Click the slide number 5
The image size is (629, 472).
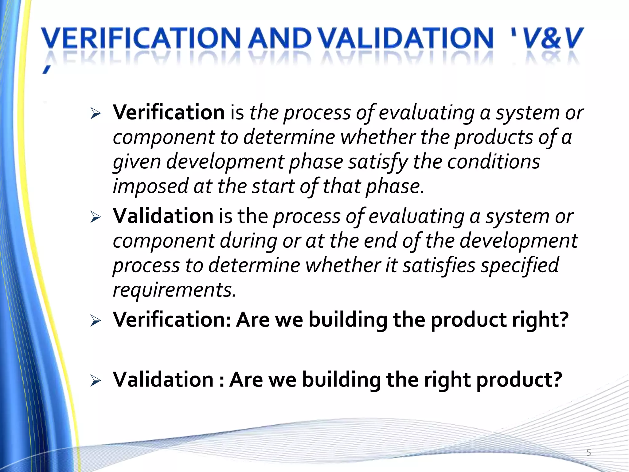pyautogui.click(x=588, y=452)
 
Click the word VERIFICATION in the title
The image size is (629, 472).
pyautogui.click(x=141, y=38)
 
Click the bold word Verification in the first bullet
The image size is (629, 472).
pyautogui.click(x=169, y=112)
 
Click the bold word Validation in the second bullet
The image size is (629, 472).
pyautogui.click(x=163, y=216)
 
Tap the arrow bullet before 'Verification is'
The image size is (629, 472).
pyautogui.click(x=96, y=114)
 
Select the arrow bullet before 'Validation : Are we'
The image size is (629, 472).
pyautogui.click(x=96, y=381)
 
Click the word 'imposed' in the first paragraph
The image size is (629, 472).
pyautogui.click(x=150, y=187)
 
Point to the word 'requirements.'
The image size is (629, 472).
pyautogui.click(x=174, y=290)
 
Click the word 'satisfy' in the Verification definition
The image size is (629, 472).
pyautogui.click(x=378, y=162)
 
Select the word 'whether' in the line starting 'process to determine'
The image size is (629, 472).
pyautogui.click(x=343, y=265)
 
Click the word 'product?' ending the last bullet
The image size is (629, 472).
pyautogui.click(x=519, y=380)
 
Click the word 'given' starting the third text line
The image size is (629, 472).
pyautogui.click(x=137, y=162)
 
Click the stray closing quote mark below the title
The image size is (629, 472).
pyautogui.click(x=46, y=71)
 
